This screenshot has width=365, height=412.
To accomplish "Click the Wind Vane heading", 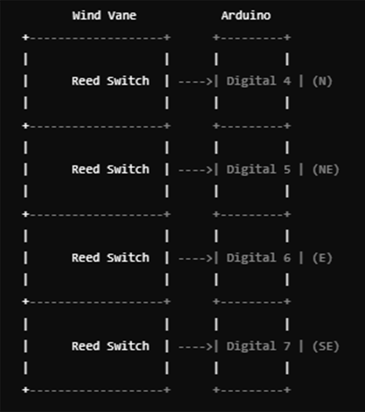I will click(x=104, y=16).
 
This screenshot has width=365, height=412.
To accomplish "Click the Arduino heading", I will click(x=246, y=16).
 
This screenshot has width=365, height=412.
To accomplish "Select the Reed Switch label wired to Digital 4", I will click(x=110, y=81).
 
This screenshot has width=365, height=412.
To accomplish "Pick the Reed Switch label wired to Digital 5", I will click(x=110, y=169).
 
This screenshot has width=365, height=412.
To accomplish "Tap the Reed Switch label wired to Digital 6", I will click(x=110, y=258).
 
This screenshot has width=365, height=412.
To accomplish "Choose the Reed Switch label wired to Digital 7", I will click(x=110, y=346).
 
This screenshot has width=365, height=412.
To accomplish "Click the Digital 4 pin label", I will click(x=258, y=81).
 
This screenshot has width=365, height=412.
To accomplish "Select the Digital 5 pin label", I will click(x=258, y=169).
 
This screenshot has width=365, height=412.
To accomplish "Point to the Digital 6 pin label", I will click(x=258, y=258).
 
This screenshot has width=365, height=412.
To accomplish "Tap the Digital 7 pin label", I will click(x=258, y=346).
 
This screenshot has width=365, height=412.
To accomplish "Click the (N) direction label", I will click(x=322, y=81).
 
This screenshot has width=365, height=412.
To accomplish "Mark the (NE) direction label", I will click(x=326, y=169).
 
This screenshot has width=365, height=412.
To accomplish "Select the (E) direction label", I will click(x=322, y=258).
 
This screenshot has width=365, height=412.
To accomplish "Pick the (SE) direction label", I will click(x=326, y=346).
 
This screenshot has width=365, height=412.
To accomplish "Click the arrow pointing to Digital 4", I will click(x=196, y=81).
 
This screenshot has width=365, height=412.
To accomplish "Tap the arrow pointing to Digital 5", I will click(x=196, y=170).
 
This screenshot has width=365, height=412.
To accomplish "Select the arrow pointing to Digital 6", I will click(x=196, y=258).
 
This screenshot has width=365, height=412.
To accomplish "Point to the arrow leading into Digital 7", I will click(x=196, y=347).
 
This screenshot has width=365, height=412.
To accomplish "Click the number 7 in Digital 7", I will click(x=287, y=346).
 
